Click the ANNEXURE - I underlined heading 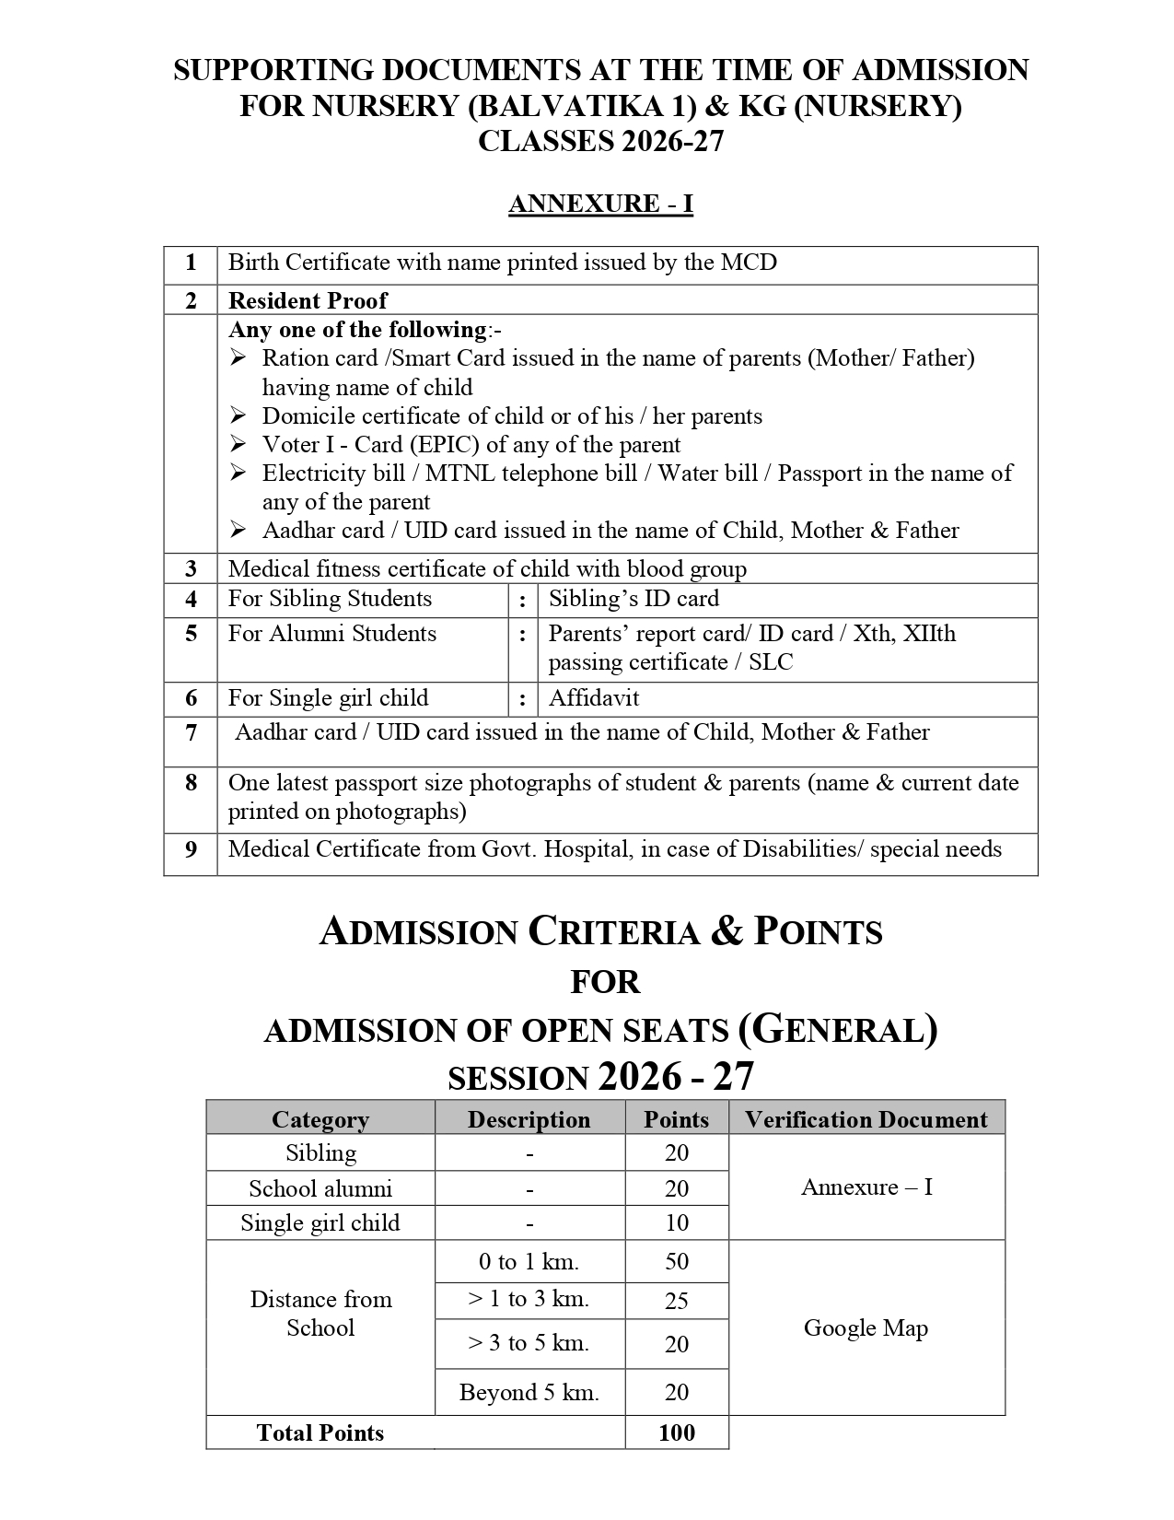[x=600, y=204]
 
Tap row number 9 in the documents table [x=191, y=849]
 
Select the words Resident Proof [x=308, y=300]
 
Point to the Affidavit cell [x=594, y=698]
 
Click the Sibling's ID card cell [x=633, y=599]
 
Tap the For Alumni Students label [x=331, y=634]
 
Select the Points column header [x=676, y=1119]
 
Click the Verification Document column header [x=866, y=1119]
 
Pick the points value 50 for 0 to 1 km [x=677, y=1262]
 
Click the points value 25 [x=677, y=1301]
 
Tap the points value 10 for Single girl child [x=677, y=1223]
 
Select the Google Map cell [x=866, y=1327]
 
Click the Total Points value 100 [x=677, y=1432]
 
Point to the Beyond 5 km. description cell [x=529, y=1393]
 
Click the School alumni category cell [x=320, y=1188]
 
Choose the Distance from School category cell [x=320, y=1314]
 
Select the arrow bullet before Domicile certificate [x=238, y=415]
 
